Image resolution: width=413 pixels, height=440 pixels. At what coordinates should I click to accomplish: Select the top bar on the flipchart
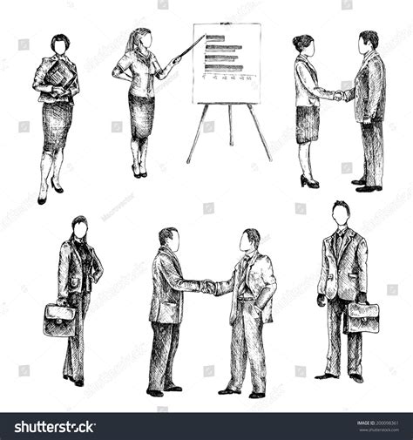tap(215, 38)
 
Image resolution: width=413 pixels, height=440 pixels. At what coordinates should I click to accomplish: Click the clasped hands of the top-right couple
tap(338, 95)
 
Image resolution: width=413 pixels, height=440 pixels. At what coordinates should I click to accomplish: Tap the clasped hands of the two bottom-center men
tap(208, 285)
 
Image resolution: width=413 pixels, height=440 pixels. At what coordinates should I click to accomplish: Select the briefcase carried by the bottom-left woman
tap(59, 320)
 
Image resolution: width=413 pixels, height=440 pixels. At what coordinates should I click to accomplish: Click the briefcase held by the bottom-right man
tap(362, 317)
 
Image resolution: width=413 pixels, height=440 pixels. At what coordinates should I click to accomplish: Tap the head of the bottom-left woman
tap(80, 228)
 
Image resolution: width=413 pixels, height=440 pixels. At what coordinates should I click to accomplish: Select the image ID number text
tap(377, 423)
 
